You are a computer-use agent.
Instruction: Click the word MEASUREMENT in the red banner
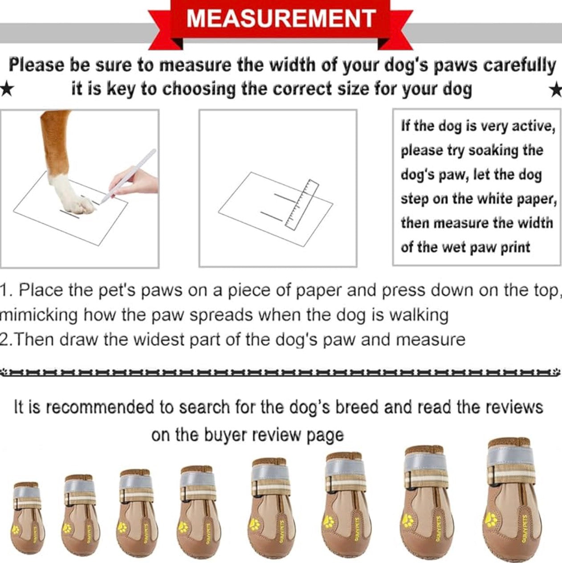281,19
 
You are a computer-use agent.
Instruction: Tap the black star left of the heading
6,89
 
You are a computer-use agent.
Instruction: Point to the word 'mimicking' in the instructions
39,315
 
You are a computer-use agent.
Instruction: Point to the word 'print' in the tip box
515,247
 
